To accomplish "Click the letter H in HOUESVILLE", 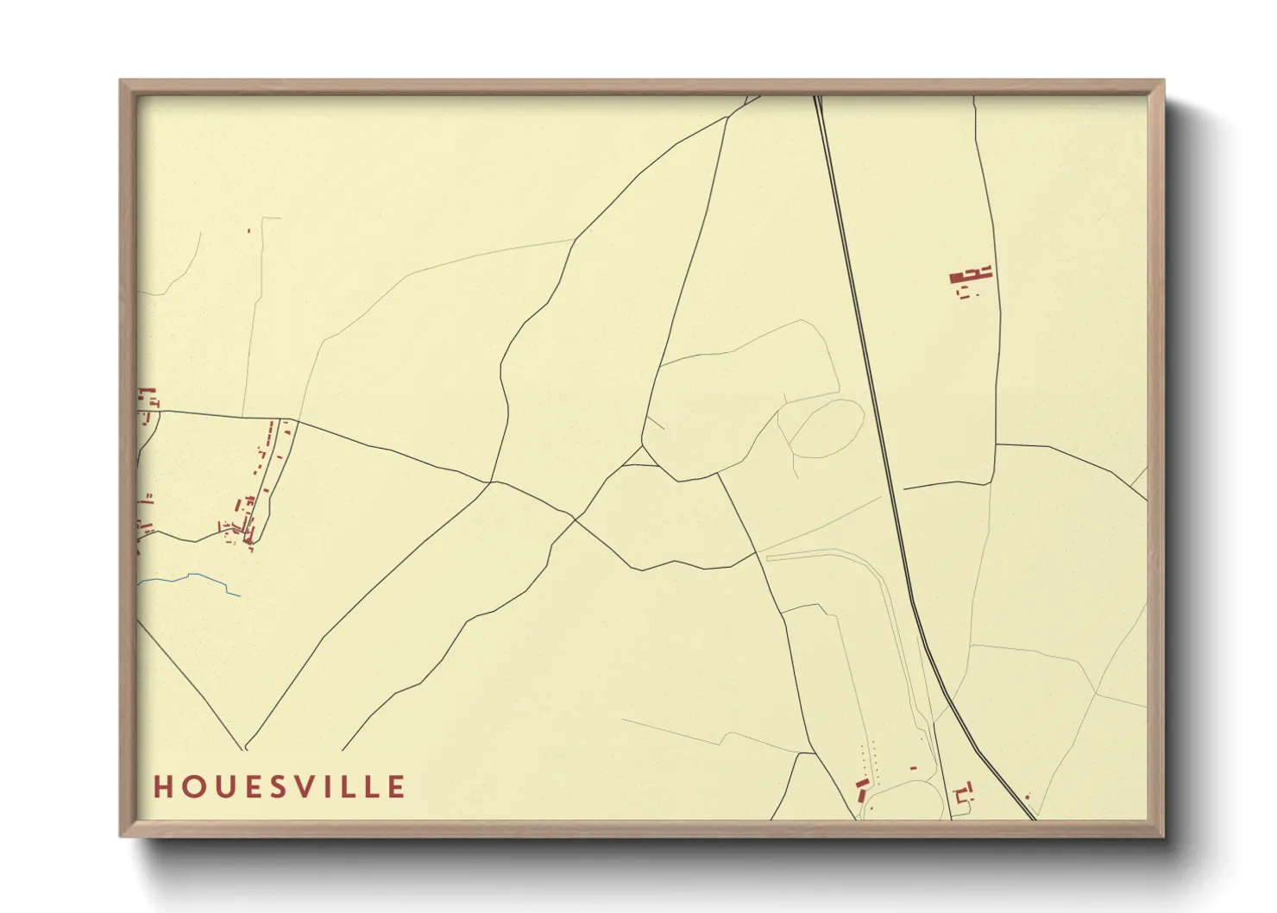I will [x=162, y=787].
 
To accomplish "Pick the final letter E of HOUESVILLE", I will [x=397, y=787].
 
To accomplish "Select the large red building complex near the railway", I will [x=970, y=276].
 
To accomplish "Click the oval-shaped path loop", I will [x=826, y=428].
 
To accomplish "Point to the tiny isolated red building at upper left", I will [x=248, y=230].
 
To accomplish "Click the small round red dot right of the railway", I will [x=1027, y=797].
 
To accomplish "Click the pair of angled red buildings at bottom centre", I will [x=861, y=789].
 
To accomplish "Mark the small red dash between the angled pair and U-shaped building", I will [x=913, y=768].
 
